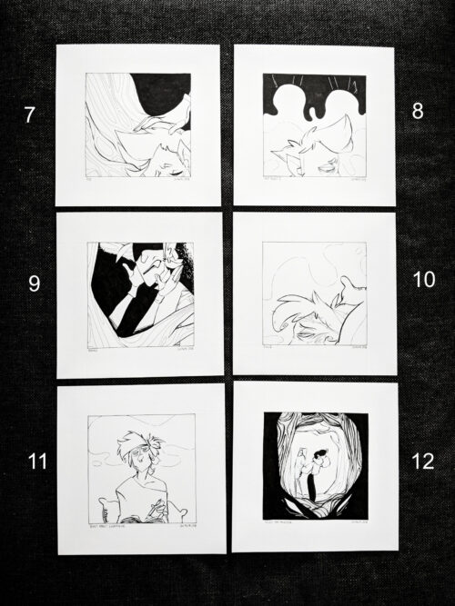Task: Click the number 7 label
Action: (29, 115)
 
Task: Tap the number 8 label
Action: (418, 112)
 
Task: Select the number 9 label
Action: (34, 283)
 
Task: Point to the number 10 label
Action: (424, 280)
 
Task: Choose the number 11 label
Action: (36, 461)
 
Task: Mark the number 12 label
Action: (423, 461)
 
